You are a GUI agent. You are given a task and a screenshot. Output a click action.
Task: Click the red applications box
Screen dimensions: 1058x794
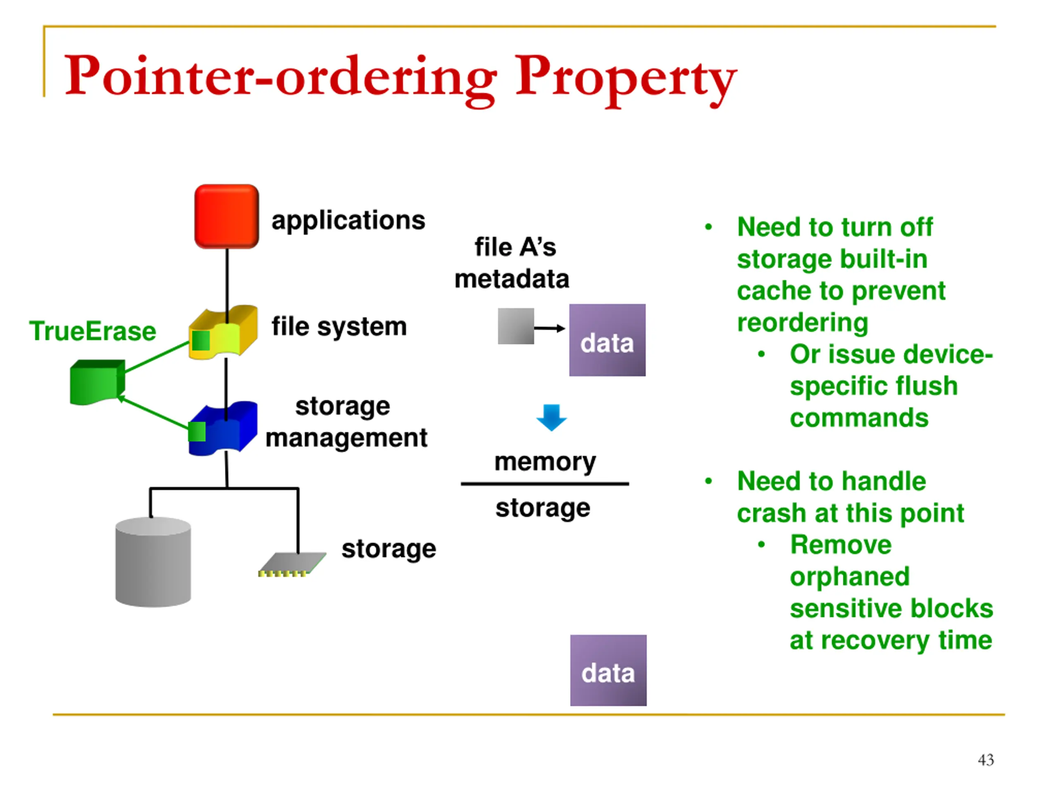[x=227, y=216]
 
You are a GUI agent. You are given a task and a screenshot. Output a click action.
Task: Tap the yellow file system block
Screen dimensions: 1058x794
[x=223, y=332]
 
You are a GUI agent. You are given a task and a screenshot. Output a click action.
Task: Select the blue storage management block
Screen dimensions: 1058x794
[x=223, y=428]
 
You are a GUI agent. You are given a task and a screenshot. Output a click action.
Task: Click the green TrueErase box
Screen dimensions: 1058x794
[x=98, y=382]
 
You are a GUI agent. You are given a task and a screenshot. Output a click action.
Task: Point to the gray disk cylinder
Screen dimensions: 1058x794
[x=153, y=562]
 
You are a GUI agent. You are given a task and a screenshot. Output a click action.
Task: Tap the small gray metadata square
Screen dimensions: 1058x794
[x=516, y=326]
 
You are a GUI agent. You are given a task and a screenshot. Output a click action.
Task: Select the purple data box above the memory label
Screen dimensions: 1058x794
[x=607, y=340]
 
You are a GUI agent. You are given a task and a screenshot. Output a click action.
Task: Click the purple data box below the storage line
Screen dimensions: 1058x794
[x=608, y=670]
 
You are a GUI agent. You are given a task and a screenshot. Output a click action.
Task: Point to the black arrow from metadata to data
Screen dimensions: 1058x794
[x=550, y=328]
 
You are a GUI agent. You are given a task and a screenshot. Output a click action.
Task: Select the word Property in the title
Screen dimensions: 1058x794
[x=626, y=79]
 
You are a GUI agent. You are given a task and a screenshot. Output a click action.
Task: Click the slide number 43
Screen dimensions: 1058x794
[x=986, y=760]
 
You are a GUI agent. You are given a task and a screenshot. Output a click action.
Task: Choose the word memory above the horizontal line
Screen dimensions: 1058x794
[x=545, y=462]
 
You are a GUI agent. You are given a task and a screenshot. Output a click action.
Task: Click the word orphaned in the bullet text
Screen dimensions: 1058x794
[x=849, y=577]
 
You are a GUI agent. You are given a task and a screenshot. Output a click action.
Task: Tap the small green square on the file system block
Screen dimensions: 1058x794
[x=201, y=341]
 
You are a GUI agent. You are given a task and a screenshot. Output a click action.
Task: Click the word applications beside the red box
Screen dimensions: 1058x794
[x=348, y=221]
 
